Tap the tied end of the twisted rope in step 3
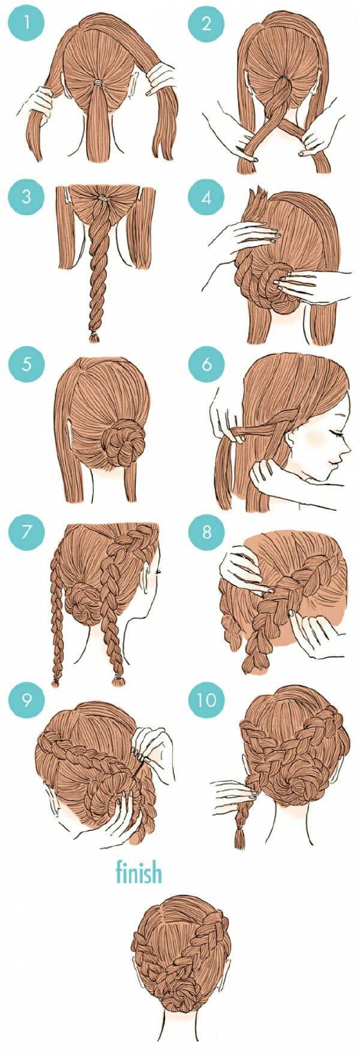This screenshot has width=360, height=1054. coord(94,337)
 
